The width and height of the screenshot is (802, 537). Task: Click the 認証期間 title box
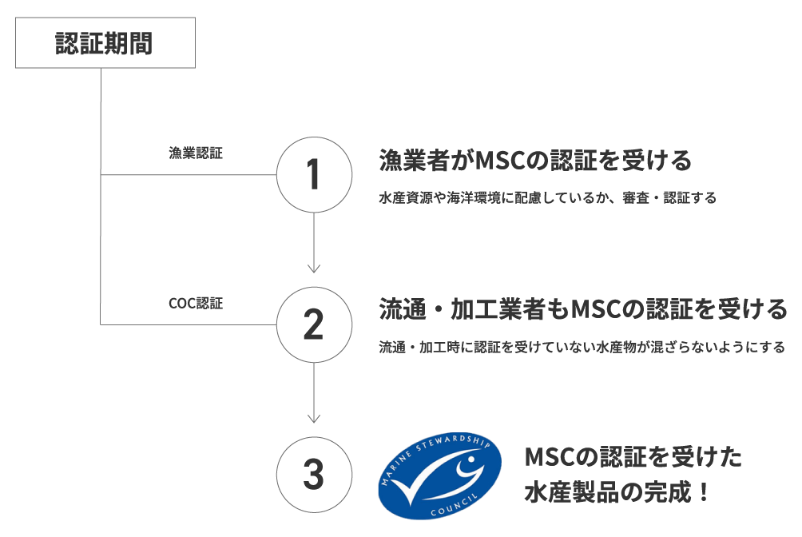[x=105, y=43]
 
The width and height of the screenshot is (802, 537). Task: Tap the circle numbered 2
[x=314, y=324]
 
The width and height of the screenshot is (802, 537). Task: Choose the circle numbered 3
[x=314, y=475]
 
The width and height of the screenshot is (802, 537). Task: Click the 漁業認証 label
[x=196, y=153]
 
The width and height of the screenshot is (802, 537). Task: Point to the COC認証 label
[x=197, y=304]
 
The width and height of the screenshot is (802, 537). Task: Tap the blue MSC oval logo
[x=439, y=475]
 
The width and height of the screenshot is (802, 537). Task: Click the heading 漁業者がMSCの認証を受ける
[x=534, y=161]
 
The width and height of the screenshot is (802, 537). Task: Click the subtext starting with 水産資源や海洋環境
[x=547, y=197]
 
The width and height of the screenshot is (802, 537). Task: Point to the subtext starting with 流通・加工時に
[x=582, y=348]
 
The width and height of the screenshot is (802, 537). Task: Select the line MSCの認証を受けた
[x=633, y=458]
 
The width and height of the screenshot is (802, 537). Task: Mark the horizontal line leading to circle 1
[x=189, y=174]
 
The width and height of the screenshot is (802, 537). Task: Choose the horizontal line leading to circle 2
[x=189, y=324]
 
